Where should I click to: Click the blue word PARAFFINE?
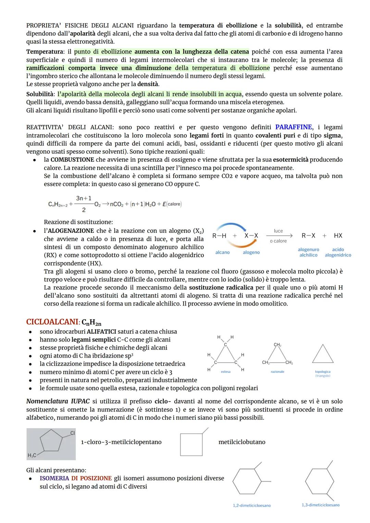[293, 127]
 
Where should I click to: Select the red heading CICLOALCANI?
[52, 322]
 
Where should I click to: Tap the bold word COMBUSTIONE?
[72, 160]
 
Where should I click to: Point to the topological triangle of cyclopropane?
[322, 354]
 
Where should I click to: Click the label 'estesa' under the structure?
[225, 372]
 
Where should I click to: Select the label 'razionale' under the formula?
[277, 372]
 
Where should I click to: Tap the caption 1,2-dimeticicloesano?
[251, 506]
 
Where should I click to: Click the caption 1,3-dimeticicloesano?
[321, 505]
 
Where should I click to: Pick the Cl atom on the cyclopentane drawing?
[72, 433]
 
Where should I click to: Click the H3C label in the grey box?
[32, 455]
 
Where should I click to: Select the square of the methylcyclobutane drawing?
[191, 445]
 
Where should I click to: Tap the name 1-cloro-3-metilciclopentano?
[121, 442]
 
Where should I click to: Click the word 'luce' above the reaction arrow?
[278, 231]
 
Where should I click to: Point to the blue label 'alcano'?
[222, 252]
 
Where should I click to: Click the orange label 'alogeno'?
[251, 252]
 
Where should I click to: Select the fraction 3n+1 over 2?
[84, 204]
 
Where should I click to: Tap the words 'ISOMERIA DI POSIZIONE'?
[76, 478]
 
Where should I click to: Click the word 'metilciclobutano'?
[242, 442]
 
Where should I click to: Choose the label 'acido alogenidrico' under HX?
[338, 252]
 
